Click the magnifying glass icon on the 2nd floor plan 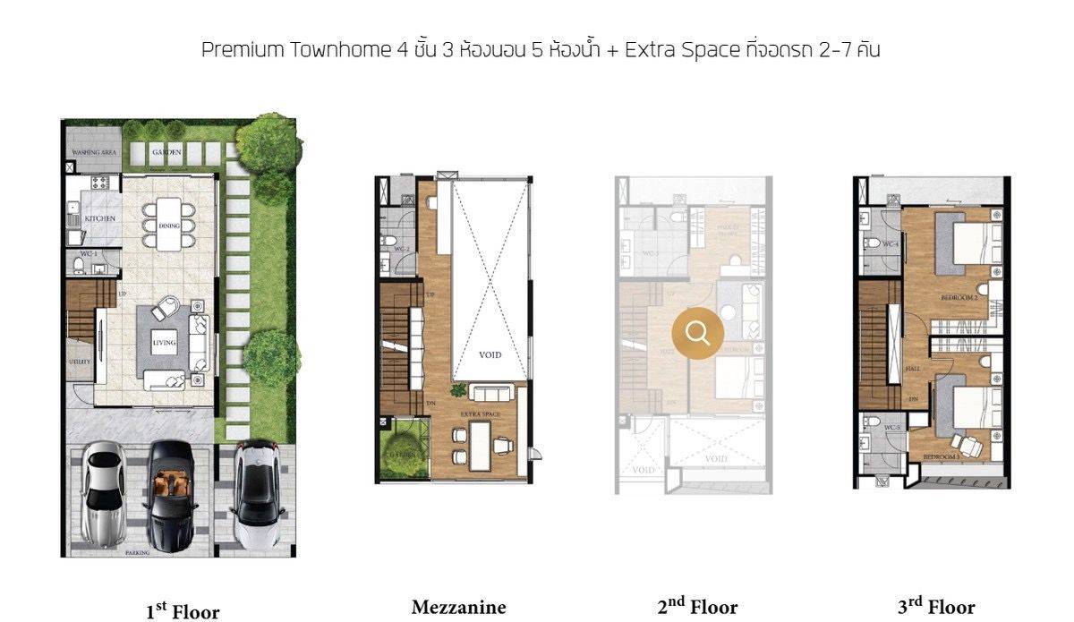pos(698,333)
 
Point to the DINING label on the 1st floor pos(169,226)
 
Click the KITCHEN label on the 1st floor pos(99,219)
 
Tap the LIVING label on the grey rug pos(164,343)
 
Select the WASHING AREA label pos(93,153)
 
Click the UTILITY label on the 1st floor pos(79,362)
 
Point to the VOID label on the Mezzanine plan pos(490,355)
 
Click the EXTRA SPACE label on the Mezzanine pos(481,414)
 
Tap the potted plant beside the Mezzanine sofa pos(458,390)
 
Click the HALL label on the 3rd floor pos(912,368)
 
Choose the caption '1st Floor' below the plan pos(183,611)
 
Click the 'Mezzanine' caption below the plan pos(458,608)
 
